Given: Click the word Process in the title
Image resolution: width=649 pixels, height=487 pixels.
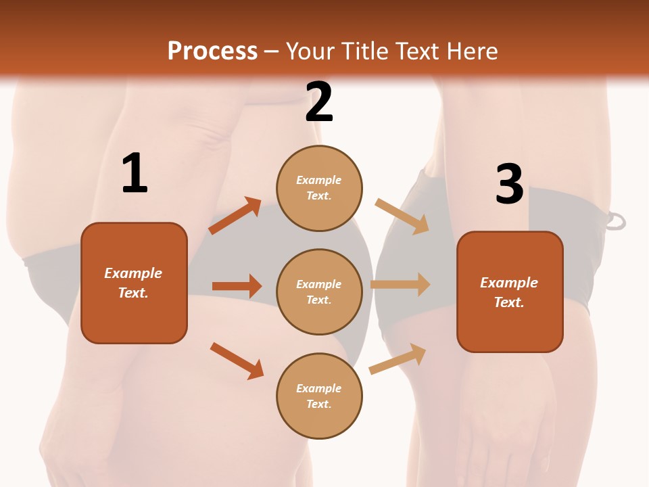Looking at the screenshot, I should coord(212,51).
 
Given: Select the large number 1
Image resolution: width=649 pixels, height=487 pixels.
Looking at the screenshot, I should coord(135,174).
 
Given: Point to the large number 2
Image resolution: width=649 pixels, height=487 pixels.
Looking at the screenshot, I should coord(319,103).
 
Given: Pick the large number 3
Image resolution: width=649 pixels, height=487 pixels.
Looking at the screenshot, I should coord(509,185).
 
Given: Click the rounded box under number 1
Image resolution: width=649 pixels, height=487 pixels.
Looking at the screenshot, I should coord(134,283).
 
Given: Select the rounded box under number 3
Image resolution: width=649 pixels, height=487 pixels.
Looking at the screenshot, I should coord(510,292).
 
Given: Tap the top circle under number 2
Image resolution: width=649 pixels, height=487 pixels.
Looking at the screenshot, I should coord(319,188).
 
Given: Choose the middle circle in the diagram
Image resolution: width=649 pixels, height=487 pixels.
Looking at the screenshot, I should coord(319,292).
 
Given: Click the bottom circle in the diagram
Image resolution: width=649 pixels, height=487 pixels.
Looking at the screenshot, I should coord(319,396).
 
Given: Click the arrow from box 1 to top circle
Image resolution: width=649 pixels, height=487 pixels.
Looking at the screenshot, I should coord(235,216).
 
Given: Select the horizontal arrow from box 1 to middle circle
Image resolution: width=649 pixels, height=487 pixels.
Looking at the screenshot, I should coord(237,286).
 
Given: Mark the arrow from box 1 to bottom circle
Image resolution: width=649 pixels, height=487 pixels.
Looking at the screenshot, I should coord(237,361).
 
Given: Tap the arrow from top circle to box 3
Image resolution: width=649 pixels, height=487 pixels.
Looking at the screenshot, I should coord(402,216).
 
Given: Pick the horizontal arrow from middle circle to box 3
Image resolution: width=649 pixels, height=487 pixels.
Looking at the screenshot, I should coord(400,284).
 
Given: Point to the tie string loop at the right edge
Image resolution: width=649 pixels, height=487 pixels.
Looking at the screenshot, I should coord(616,221).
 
